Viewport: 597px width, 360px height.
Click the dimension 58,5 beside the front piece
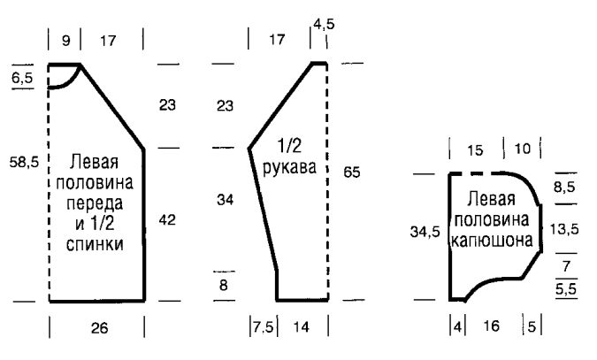[x=25, y=163]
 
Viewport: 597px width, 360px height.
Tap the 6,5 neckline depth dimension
[x=22, y=78]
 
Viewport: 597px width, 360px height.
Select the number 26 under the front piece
[x=99, y=327]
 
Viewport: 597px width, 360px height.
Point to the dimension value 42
[x=167, y=220]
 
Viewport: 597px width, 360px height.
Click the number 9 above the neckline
[x=65, y=41]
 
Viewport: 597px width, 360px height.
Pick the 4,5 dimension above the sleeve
[x=324, y=25]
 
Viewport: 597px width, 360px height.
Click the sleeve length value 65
[x=351, y=172]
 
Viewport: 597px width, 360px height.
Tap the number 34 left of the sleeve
[x=225, y=200]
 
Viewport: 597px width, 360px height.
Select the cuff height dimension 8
[x=224, y=285]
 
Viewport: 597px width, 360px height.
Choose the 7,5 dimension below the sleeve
[x=263, y=327]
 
